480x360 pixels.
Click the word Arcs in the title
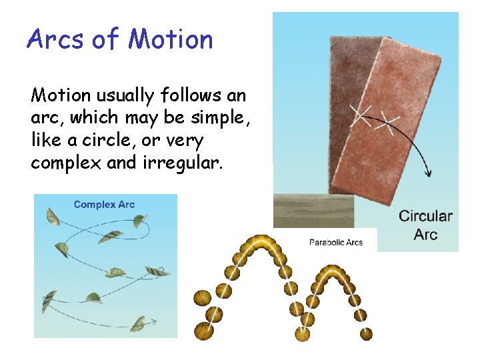pos(55,39)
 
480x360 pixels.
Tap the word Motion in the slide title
pos(170,39)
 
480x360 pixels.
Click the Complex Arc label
pos(104,205)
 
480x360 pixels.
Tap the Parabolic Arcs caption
pos(336,242)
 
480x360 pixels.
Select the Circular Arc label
pos(425,225)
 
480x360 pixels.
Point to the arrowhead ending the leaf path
pos(153,323)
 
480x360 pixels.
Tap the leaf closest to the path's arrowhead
pos(139,324)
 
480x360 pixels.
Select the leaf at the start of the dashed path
pos(52,216)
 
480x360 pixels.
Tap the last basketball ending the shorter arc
pos(366,333)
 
